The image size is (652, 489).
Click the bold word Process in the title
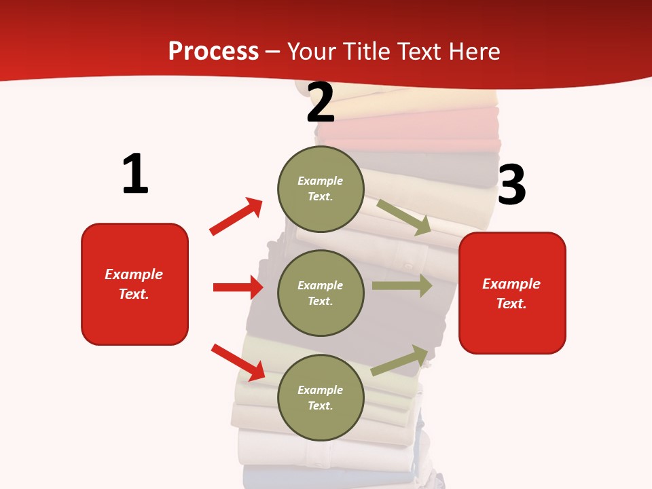tap(213, 51)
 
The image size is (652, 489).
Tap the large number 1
tap(135, 174)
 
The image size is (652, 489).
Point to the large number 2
tap(321, 103)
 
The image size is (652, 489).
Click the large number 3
tap(511, 185)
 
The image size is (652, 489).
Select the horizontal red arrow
tap(238, 287)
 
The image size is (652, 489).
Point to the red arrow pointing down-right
tap(238, 362)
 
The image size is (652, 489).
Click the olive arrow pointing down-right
tap(404, 217)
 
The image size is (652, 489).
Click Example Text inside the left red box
tap(134, 284)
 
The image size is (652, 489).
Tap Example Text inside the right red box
tap(511, 293)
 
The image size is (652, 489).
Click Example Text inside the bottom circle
tap(320, 397)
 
